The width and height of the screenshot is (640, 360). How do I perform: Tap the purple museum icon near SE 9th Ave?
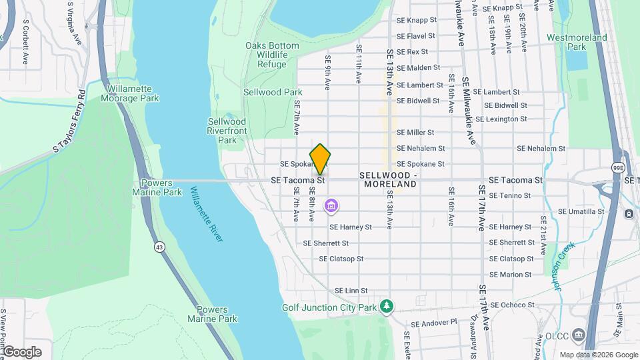pyautogui.click(x=331, y=206)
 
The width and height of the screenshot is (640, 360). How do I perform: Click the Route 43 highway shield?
pyautogui.click(x=159, y=247)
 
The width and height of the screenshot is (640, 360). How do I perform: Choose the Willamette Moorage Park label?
pyautogui.click(x=130, y=93)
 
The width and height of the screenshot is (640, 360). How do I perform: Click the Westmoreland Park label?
pyautogui.click(x=577, y=43)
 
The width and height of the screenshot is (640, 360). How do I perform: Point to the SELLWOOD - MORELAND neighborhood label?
pyautogui.click(x=388, y=179)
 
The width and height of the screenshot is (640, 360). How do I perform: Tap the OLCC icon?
pyautogui.click(x=579, y=334)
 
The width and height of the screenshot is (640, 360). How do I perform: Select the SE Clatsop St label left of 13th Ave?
pyautogui.click(x=341, y=259)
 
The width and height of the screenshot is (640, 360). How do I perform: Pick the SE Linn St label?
pyautogui.click(x=351, y=291)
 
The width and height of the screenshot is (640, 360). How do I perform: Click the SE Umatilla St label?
pyautogui.click(x=581, y=211)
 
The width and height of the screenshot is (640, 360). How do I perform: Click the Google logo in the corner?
pyautogui.click(x=21, y=352)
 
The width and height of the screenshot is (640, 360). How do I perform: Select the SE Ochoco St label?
pyautogui.click(x=511, y=305)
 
